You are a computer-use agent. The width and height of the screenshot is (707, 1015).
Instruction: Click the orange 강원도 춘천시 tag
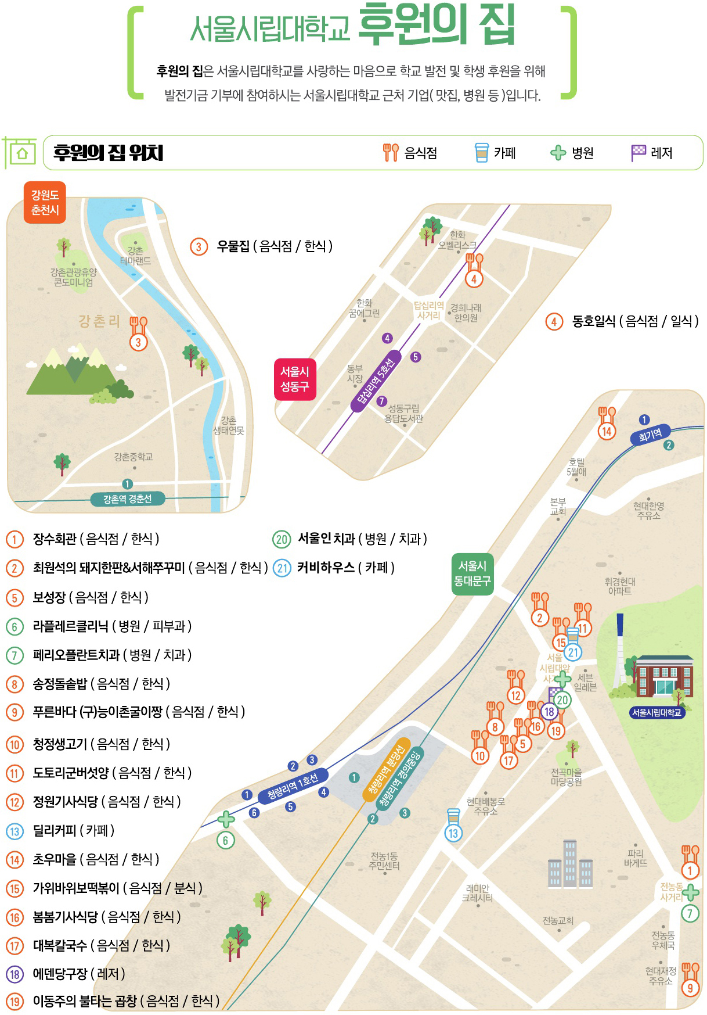tap(45, 203)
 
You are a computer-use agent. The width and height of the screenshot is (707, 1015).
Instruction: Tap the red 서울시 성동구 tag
tap(295, 379)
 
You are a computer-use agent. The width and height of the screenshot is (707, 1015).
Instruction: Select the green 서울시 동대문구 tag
tap(472, 573)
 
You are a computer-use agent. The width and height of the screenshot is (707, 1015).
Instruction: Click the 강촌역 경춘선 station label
tap(128, 499)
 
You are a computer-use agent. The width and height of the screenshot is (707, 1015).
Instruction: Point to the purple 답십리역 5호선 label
tap(376, 381)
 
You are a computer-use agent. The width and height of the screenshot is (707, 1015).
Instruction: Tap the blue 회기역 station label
tap(650, 434)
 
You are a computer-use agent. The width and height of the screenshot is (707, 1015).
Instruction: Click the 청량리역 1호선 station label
tap(293, 786)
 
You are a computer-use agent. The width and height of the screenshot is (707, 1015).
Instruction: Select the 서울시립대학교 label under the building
tap(657, 712)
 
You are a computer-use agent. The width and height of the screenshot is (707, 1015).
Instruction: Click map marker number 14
tap(607, 431)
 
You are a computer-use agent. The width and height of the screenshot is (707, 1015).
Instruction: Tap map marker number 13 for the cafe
tap(453, 833)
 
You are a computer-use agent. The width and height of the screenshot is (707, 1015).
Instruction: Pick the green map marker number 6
tap(226, 840)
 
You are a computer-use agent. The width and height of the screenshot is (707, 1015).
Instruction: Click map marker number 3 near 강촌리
tap(138, 342)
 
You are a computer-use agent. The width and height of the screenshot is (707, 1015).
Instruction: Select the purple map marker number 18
tap(549, 712)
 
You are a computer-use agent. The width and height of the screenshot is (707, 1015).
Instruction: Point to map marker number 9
tap(690, 988)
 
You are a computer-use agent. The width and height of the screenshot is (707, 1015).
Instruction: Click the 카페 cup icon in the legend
tap(482, 153)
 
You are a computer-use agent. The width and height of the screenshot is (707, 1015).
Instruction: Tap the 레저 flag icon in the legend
tap(638, 153)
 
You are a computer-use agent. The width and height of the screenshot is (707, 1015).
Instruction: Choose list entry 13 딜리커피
tap(73, 831)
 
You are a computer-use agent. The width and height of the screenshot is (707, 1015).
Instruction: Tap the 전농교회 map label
tap(558, 920)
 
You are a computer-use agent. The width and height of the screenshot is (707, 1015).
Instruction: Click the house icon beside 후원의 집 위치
tap(22, 153)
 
